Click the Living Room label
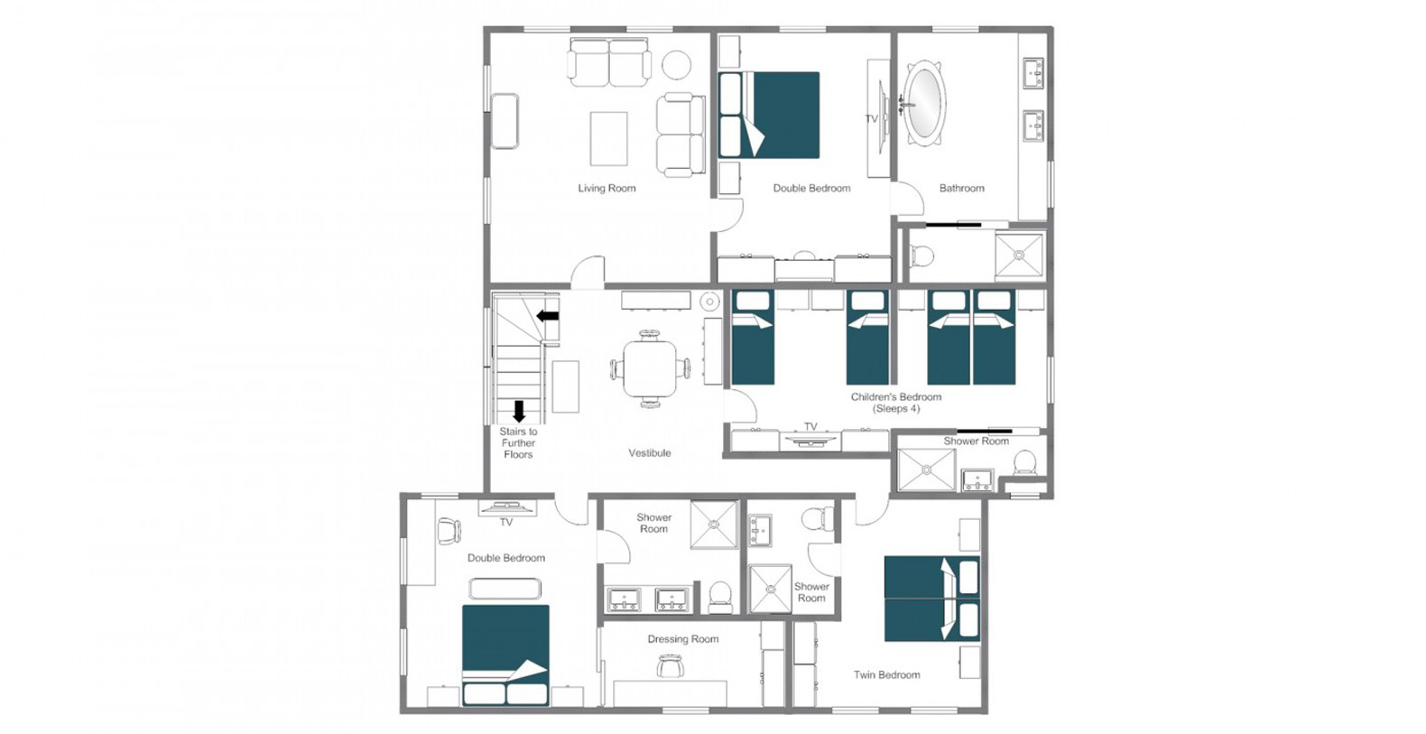607,188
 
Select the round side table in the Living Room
676,65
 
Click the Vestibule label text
649,452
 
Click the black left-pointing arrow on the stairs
548,316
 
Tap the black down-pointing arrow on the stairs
519,412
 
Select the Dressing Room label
683,638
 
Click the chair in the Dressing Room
668,666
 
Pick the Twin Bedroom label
887,674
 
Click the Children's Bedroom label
895,403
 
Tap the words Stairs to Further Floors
518,442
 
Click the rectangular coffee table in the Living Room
608,139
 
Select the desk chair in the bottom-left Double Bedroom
449,530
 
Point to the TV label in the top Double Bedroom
872,119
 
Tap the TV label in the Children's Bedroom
810,426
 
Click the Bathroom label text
962,188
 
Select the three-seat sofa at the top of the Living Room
609,62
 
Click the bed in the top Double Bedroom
768,115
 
